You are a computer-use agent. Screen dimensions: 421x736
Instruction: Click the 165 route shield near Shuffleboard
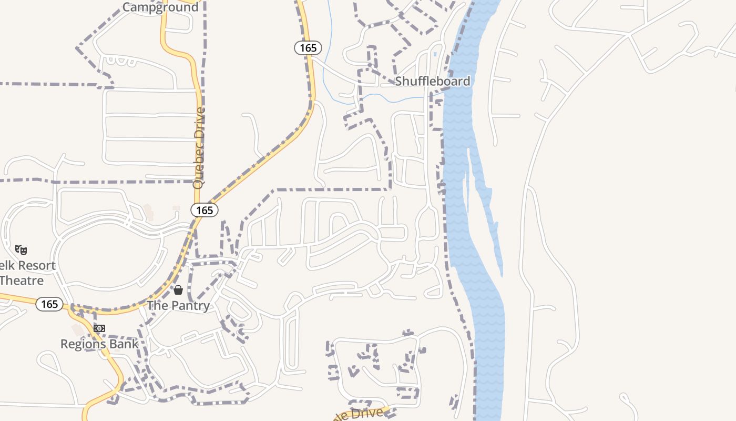click(308, 48)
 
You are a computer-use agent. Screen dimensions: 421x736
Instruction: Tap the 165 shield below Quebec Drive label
click(205, 210)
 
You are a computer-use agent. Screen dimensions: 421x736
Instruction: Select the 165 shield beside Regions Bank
click(49, 304)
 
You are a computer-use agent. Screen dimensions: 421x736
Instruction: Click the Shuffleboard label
click(432, 81)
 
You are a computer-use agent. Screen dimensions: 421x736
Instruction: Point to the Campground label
click(160, 7)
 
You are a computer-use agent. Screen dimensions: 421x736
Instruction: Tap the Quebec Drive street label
click(198, 148)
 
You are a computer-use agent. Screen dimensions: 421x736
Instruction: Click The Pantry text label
click(178, 305)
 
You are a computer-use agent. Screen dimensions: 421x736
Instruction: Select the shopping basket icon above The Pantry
click(178, 290)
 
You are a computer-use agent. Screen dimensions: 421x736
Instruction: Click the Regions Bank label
click(99, 344)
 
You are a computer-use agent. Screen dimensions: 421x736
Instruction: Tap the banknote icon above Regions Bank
click(99, 328)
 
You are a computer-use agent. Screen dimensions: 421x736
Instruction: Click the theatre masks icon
click(21, 249)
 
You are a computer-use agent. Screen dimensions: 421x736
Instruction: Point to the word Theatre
click(22, 280)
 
